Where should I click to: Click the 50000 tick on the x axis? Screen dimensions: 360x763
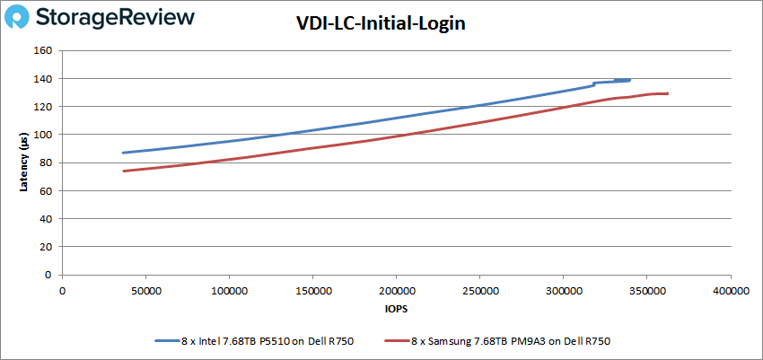[145, 292]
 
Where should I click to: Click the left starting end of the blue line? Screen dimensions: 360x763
[124, 153]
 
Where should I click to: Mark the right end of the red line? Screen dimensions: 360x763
[667, 93]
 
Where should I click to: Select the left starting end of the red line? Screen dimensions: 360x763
[124, 171]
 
